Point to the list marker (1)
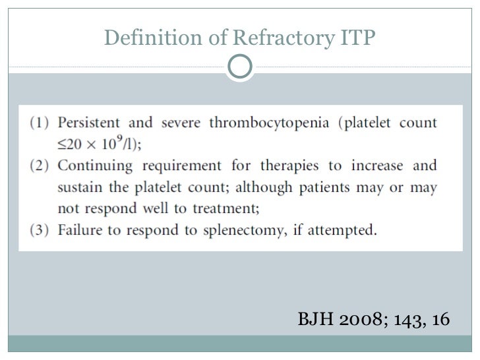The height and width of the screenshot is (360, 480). (x=40, y=123)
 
